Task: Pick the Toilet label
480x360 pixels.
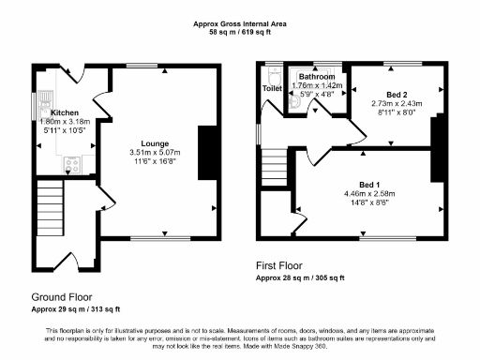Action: point(272,88)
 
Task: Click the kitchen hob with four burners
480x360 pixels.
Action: point(72,165)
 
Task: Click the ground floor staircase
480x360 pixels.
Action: point(49,209)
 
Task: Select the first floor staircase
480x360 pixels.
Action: point(274,168)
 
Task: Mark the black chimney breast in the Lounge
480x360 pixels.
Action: point(209,148)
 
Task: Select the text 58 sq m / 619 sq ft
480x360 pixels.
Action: point(240,32)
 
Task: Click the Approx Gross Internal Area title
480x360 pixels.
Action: point(240,22)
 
